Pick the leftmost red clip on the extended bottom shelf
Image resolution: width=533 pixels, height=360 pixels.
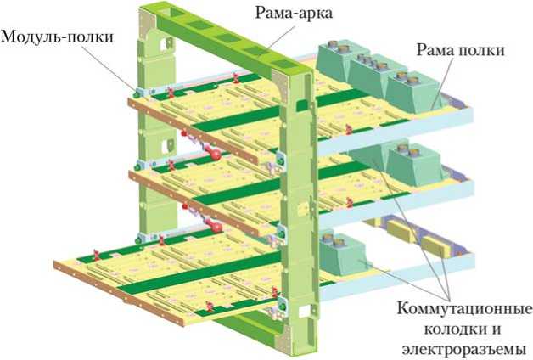click(x=96, y=252)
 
